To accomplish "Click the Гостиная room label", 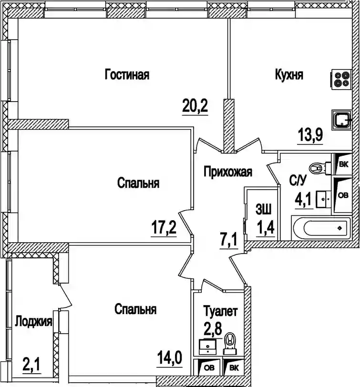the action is point(127,74).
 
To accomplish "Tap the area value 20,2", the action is point(195,105).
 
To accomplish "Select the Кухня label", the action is point(289,74).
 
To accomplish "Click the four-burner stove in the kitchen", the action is point(341,79).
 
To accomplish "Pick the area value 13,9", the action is point(310,135).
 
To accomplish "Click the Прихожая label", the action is point(228,172).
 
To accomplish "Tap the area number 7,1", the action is point(228,240).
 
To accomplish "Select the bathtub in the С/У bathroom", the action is point(321,228).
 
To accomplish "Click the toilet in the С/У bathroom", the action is point(320,168).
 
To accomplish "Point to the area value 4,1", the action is point(304,200).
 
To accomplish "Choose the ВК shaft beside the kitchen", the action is point(343,164).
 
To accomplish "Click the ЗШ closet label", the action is point(264,210).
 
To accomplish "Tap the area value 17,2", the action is point(164,227).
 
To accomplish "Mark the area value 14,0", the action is point(170,358).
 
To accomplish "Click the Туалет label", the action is point(220,311).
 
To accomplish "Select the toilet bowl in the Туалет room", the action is point(230,343).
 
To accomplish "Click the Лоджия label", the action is point(33,322).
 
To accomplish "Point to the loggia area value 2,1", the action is point(31,365).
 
